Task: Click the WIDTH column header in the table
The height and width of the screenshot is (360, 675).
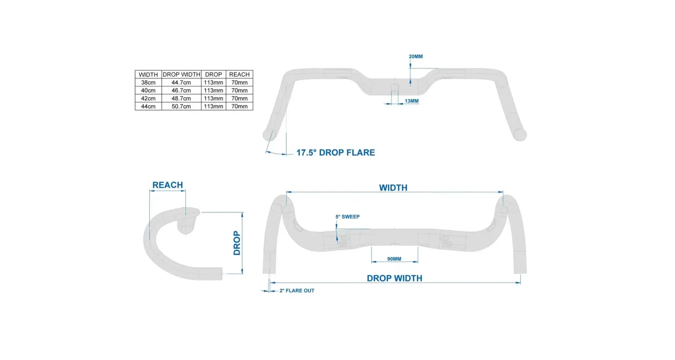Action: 148,74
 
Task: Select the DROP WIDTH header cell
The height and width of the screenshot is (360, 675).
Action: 181,74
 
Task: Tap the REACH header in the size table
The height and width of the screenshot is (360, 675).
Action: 239,74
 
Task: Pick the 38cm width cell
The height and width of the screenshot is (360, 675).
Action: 148,83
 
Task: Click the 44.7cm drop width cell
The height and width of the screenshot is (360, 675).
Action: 181,83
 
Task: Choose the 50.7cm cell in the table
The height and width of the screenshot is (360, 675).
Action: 181,106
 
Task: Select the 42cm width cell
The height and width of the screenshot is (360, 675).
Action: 148,99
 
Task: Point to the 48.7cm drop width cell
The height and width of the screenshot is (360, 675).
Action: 181,99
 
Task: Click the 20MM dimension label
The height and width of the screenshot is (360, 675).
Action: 416,57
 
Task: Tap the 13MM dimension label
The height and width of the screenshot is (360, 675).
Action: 411,101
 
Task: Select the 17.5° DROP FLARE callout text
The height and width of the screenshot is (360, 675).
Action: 336,152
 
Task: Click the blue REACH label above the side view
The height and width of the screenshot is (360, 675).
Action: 167,185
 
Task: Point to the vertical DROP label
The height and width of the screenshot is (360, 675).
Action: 237,243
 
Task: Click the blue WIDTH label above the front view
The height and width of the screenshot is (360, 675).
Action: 393,188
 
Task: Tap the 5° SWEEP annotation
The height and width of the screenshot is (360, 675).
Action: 348,217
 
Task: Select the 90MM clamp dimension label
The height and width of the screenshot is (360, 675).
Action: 394,259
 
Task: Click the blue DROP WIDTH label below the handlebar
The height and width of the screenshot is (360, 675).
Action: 394,278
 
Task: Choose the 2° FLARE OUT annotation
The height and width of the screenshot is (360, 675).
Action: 297,291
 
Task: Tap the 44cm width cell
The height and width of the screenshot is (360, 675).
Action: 148,106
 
